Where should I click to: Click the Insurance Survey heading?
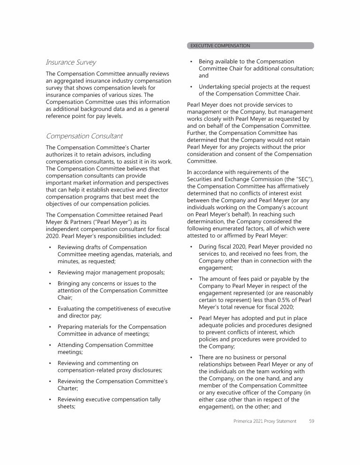click(71, 62)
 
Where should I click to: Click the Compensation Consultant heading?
click(84, 136)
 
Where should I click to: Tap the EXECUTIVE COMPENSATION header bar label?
click(220, 46)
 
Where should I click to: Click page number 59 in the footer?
click(311, 421)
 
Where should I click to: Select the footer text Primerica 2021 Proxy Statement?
click(265, 421)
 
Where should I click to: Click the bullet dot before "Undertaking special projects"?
click(191, 87)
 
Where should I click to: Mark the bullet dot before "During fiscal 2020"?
click(191, 246)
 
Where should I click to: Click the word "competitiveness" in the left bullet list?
click(114, 309)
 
